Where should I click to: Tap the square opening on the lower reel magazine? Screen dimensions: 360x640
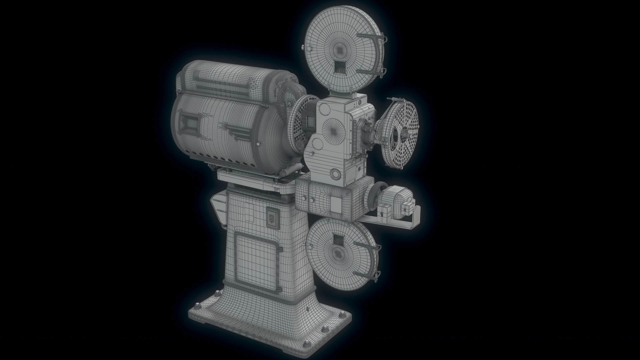pyautogui.click(x=338, y=239)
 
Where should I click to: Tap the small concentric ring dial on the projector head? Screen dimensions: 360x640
pyautogui.click(x=334, y=173)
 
